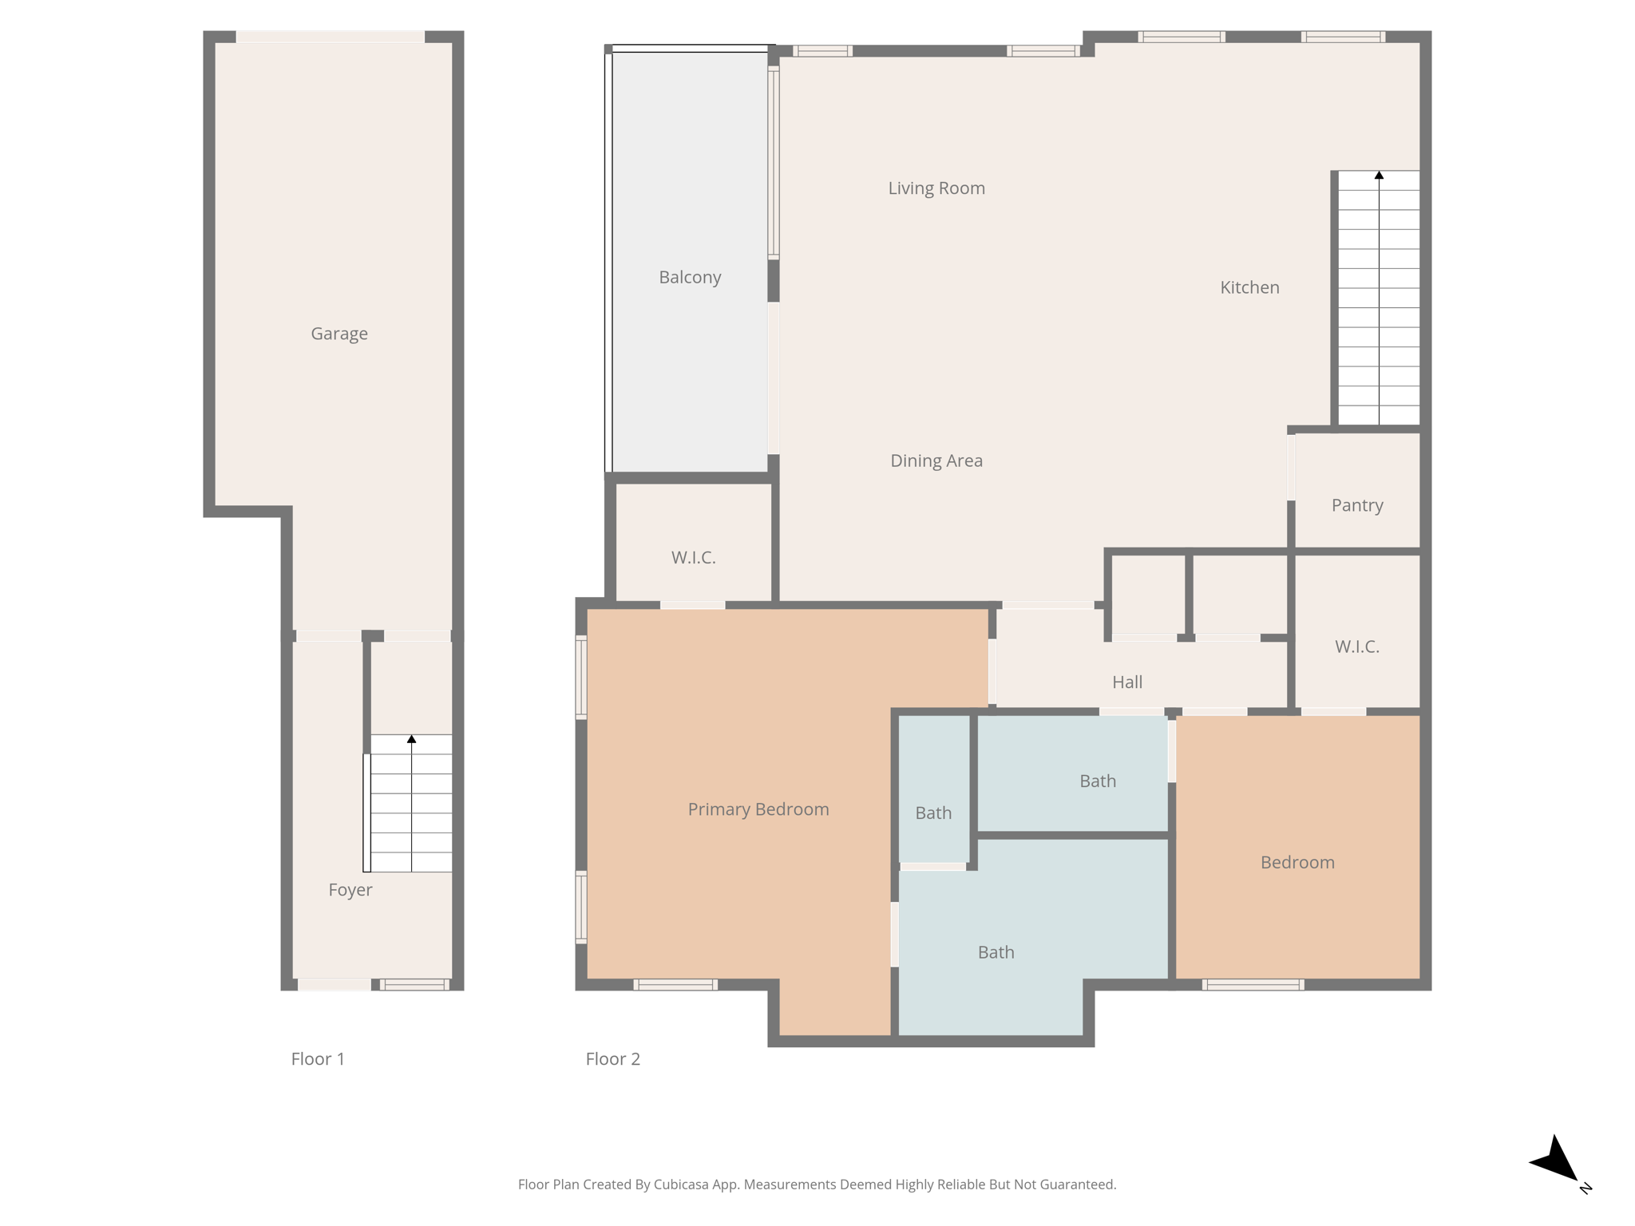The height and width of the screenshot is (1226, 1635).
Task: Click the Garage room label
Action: pos(339,334)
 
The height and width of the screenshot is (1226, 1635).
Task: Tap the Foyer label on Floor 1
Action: pos(350,890)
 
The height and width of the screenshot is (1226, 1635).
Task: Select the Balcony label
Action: pos(690,277)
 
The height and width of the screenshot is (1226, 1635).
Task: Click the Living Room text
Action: pos(936,188)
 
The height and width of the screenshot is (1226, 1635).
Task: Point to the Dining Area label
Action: pos(936,461)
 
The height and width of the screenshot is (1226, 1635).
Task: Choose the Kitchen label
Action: pos(1249,287)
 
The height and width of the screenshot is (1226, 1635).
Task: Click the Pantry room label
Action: pos(1357,505)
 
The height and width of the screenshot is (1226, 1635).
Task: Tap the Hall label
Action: pos(1127,682)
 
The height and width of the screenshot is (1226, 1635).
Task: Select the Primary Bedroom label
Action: pos(758,809)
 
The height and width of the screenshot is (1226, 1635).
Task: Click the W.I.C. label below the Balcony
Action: pos(693,557)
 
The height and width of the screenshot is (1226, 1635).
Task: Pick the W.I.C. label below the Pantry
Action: pos(1357,647)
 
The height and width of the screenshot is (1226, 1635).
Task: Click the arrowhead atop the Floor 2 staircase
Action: pos(1379,176)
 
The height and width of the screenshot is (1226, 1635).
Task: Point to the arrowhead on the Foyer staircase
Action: pos(412,740)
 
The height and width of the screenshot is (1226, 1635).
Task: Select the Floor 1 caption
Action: pos(318,1059)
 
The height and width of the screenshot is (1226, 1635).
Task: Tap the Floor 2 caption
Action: pos(613,1059)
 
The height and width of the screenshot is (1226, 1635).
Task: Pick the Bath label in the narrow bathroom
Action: pos(933,813)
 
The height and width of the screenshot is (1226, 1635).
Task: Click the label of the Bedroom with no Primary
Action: pos(1297,862)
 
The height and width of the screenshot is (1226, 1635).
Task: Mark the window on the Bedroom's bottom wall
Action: pos(1253,985)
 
